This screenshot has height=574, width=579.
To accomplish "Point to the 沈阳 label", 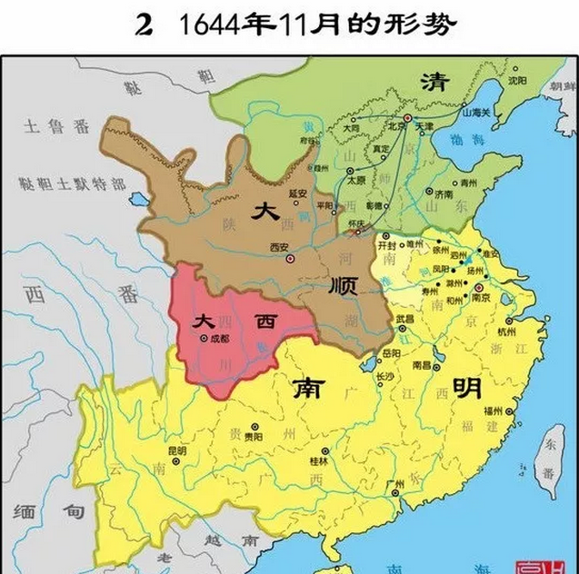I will (517, 80).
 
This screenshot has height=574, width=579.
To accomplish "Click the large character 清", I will (432, 82).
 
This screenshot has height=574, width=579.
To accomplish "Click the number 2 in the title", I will (142, 25).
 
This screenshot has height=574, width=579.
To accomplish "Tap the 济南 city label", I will (443, 194).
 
